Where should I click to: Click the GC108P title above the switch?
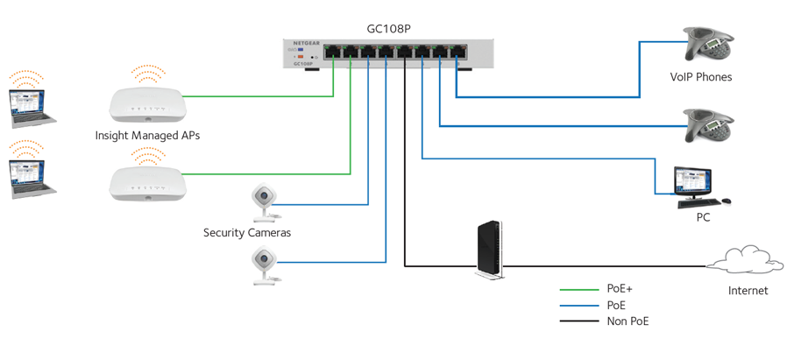[x=388, y=28]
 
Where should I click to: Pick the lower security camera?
[x=264, y=265]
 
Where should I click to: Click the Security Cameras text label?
[x=247, y=233]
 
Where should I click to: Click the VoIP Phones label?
[x=701, y=77]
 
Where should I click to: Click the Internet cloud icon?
[x=748, y=262]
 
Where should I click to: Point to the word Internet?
[x=748, y=291]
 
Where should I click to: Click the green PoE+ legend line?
[x=578, y=288]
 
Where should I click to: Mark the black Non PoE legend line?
[x=578, y=321]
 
